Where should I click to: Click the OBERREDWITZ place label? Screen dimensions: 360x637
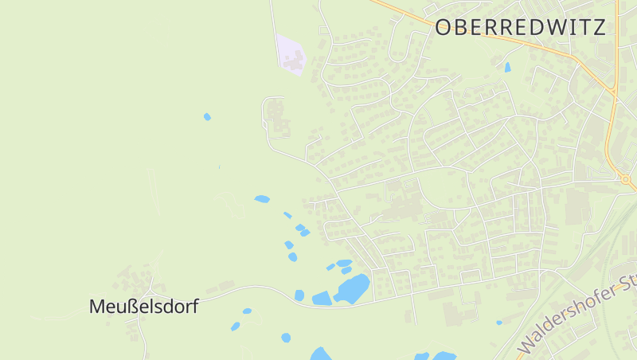(520, 28)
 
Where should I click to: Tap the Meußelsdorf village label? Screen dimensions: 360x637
(143, 306)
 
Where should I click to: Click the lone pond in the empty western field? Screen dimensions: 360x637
(207, 117)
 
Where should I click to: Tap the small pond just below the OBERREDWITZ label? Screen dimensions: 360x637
(507, 67)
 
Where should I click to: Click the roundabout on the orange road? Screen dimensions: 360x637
(626, 180)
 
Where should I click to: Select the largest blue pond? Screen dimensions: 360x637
(354, 288)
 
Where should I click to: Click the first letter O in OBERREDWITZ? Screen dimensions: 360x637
(444, 28)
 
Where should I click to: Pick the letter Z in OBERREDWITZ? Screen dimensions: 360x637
(599, 28)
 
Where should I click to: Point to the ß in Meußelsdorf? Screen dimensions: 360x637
(134, 306)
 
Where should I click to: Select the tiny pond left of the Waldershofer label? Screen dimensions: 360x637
(499, 323)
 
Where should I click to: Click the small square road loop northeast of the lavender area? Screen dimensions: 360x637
(323, 30)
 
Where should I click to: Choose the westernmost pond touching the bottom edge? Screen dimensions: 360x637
(320, 354)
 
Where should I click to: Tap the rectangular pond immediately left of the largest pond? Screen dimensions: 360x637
(322, 299)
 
